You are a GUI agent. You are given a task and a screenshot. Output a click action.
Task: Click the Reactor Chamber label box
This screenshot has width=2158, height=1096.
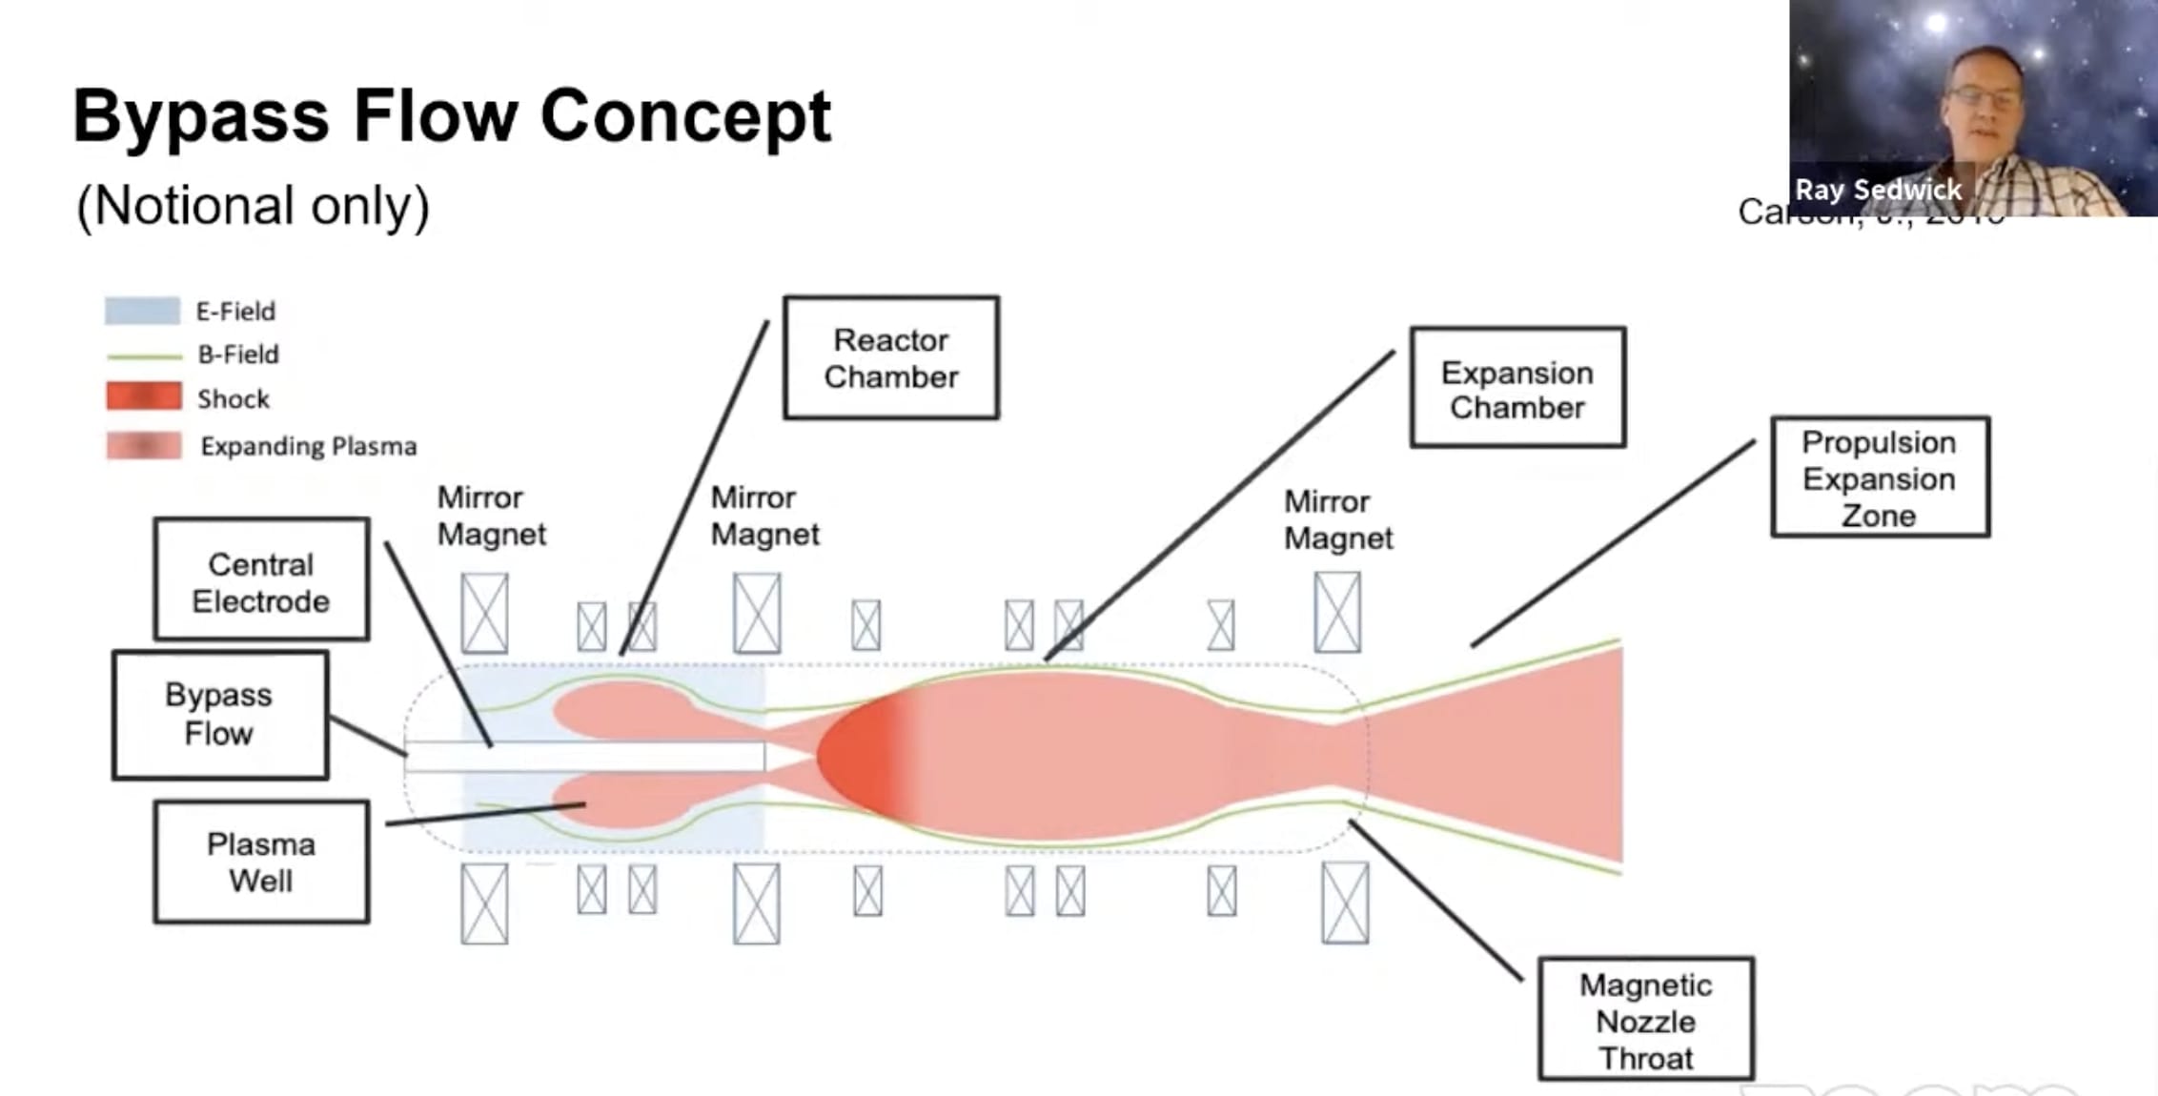891,357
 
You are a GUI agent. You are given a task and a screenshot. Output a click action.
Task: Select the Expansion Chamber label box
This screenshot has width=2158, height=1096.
1517,388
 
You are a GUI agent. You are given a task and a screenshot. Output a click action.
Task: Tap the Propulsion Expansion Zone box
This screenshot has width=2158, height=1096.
1880,477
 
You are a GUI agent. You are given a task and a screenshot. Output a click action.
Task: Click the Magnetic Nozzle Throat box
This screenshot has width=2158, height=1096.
1646,1020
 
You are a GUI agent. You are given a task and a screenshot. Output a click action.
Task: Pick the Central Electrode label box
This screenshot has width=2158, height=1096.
261,580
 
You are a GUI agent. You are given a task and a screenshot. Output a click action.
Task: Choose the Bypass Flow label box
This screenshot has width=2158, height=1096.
220,715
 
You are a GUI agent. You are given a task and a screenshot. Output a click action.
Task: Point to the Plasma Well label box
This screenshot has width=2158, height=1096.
261,863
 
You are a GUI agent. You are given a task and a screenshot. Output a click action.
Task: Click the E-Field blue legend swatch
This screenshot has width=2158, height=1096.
142,311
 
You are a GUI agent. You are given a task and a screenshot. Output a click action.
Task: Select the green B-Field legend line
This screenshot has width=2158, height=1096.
144,356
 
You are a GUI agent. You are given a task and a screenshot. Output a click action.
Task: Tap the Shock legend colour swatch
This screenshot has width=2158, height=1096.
143,396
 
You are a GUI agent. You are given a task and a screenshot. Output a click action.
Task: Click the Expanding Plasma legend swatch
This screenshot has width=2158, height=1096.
143,446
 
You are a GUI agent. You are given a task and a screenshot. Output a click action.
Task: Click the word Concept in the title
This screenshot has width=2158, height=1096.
685,115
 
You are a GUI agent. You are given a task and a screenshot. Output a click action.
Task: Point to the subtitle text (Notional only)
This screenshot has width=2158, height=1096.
253,205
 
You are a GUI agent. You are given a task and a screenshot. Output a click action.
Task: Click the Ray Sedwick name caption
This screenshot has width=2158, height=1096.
1878,190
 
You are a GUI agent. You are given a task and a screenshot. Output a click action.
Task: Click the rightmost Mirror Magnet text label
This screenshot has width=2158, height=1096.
1337,519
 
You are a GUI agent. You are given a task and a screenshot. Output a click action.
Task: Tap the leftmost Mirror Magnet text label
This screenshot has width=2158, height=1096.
491,516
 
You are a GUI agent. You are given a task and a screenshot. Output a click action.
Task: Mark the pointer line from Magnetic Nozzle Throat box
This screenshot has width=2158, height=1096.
1435,901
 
